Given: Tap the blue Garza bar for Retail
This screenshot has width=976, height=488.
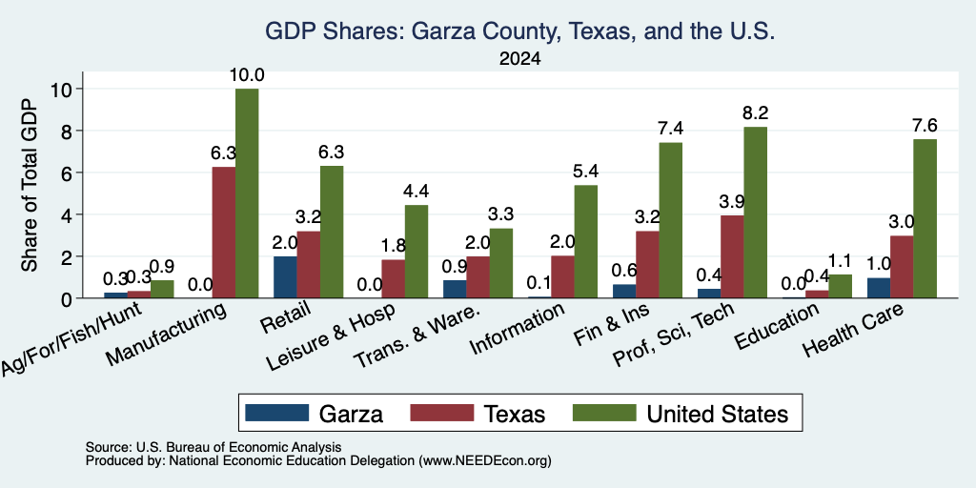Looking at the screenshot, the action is coord(285,277).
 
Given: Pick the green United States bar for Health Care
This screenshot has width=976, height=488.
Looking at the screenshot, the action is coord(925,218).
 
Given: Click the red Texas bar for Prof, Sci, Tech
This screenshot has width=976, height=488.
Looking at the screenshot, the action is coord(732,256).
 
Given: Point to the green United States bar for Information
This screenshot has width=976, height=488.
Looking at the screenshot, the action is coord(586,241).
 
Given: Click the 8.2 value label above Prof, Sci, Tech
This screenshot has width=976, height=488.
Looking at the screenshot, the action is coord(755,113).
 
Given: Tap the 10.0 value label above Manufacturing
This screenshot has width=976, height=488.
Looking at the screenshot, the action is coord(247,75).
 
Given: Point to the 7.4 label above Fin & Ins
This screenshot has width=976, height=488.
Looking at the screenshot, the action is coord(670,129).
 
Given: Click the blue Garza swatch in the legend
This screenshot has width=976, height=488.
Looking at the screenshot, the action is coord(277,413).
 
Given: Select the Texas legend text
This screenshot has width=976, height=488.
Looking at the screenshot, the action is coord(514,414).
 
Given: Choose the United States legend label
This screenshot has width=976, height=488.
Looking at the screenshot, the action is coord(718,414).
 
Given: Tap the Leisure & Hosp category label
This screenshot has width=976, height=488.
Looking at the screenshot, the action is coord(331,338).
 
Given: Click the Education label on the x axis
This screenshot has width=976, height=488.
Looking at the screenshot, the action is coord(776,327).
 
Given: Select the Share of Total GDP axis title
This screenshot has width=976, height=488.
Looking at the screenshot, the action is coord(30,185).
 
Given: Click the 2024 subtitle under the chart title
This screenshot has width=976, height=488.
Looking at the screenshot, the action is coord(519,59).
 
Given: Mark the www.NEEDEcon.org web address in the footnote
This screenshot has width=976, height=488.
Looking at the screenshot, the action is coord(486,461).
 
